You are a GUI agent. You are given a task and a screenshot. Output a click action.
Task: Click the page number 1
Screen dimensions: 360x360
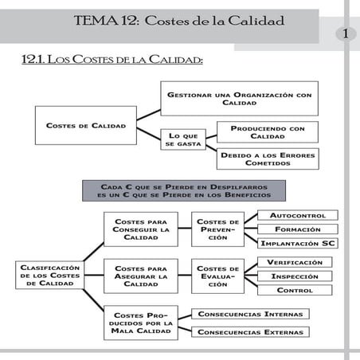346,33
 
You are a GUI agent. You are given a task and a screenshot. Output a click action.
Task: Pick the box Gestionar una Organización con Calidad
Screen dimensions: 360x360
240,99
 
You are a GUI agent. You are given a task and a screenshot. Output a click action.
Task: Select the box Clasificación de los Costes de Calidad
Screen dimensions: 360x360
49,275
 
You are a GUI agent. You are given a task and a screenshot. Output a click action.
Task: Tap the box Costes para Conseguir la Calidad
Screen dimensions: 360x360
141,229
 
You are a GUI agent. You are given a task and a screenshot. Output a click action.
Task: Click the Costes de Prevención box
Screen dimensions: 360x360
217,229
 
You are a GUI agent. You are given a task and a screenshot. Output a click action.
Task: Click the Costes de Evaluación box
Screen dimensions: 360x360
217,276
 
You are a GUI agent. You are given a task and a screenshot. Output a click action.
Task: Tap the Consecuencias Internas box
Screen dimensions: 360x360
249,314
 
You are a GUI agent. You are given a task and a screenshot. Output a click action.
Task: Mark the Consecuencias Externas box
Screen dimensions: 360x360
249,331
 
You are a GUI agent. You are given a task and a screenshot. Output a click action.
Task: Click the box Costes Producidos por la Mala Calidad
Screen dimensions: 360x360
141,323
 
